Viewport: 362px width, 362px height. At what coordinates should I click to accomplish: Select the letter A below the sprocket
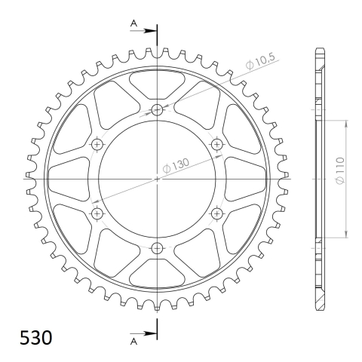(133, 341)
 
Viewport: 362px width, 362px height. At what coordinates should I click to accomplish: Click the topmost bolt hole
(157, 110)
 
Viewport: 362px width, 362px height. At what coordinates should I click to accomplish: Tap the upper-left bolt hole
(97, 144)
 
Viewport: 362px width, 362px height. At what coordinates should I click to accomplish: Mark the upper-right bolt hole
(217, 144)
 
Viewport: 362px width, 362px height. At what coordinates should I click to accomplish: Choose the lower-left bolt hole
(97, 214)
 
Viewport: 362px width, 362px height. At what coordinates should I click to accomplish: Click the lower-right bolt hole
(217, 214)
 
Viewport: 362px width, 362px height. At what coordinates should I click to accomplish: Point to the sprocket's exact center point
(157, 179)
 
